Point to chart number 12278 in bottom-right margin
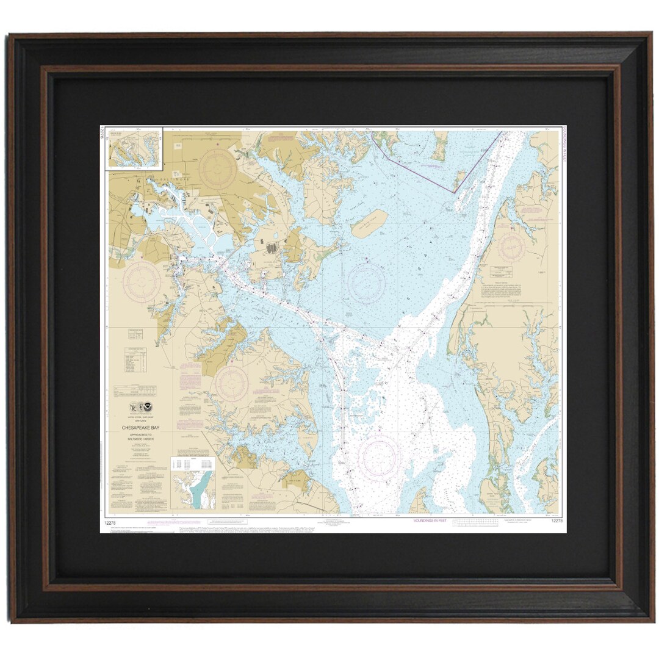pos(556,520)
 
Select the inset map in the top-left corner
pos(134,147)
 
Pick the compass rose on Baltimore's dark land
pos(217,169)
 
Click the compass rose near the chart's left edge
pos(142,283)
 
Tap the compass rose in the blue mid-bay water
pos(366,284)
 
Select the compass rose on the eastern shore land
pos(511,248)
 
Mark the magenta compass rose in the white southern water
pos(379,457)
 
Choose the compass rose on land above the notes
pos(231,384)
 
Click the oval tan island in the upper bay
pos(369,223)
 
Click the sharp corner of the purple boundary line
pos(454,193)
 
